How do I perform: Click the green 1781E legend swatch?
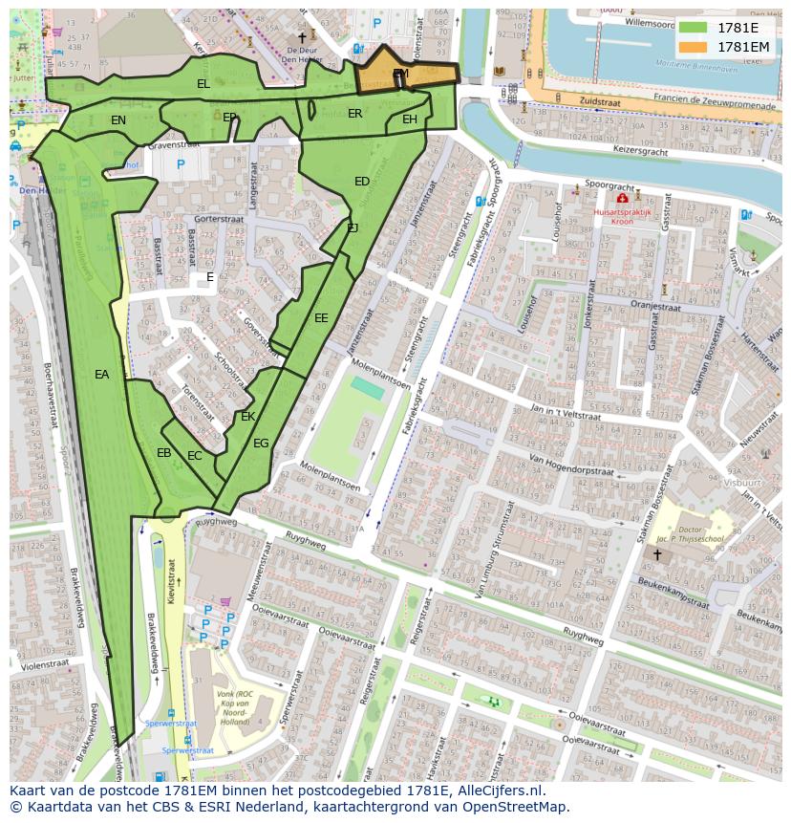coord(694,28)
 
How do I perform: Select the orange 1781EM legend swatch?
coord(694,47)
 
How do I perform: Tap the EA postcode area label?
coord(102,375)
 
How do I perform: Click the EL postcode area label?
coord(203,84)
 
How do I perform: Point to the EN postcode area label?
coord(118,120)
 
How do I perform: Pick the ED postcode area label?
coord(362,182)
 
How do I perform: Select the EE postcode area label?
coord(321,318)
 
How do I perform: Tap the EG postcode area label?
coord(261,444)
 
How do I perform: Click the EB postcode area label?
coord(164,453)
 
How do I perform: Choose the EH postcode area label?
coord(410,119)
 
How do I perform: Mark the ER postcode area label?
coord(355,114)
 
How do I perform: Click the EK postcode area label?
coord(248,417)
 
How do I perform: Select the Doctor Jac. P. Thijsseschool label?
coord(702,534)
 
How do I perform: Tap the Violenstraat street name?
coord(41,664)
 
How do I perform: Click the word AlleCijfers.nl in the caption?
coord(497,791)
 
